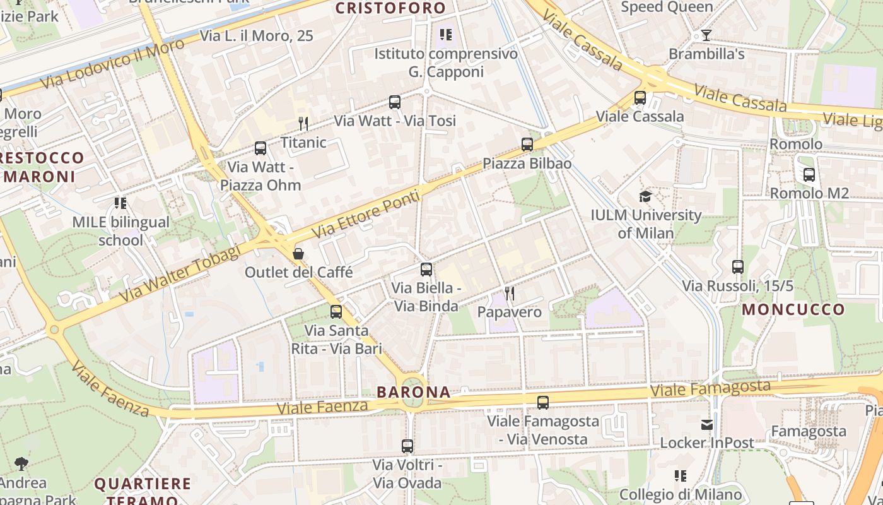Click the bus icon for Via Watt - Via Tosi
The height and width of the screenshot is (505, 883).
pos(395,102)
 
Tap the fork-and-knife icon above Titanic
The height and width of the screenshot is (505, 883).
pos(303,123)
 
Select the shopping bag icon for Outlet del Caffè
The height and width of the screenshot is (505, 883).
pos(298,254)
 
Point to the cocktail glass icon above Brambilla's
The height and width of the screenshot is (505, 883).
pos(706,35)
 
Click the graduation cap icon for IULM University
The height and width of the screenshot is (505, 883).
pos(645,196)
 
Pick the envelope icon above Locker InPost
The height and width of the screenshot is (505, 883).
pos(707,425)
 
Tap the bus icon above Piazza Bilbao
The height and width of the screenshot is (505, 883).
pos(527,145)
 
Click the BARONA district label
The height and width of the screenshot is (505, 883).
pos(414,392)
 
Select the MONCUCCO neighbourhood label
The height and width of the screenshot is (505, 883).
pos(793,309)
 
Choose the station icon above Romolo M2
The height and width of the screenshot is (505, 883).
pos(809,175)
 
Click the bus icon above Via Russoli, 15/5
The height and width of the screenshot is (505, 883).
pos(738,267)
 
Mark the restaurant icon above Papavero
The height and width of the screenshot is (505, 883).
pos(510,294)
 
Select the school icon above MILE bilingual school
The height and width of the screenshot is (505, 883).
pos(120,203)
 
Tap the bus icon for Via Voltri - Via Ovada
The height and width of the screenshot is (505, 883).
pos(407,446)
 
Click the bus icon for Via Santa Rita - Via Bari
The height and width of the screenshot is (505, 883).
pos(336,311)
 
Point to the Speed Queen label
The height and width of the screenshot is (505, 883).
pos(667,7)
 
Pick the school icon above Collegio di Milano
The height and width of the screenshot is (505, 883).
pos(680,475)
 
